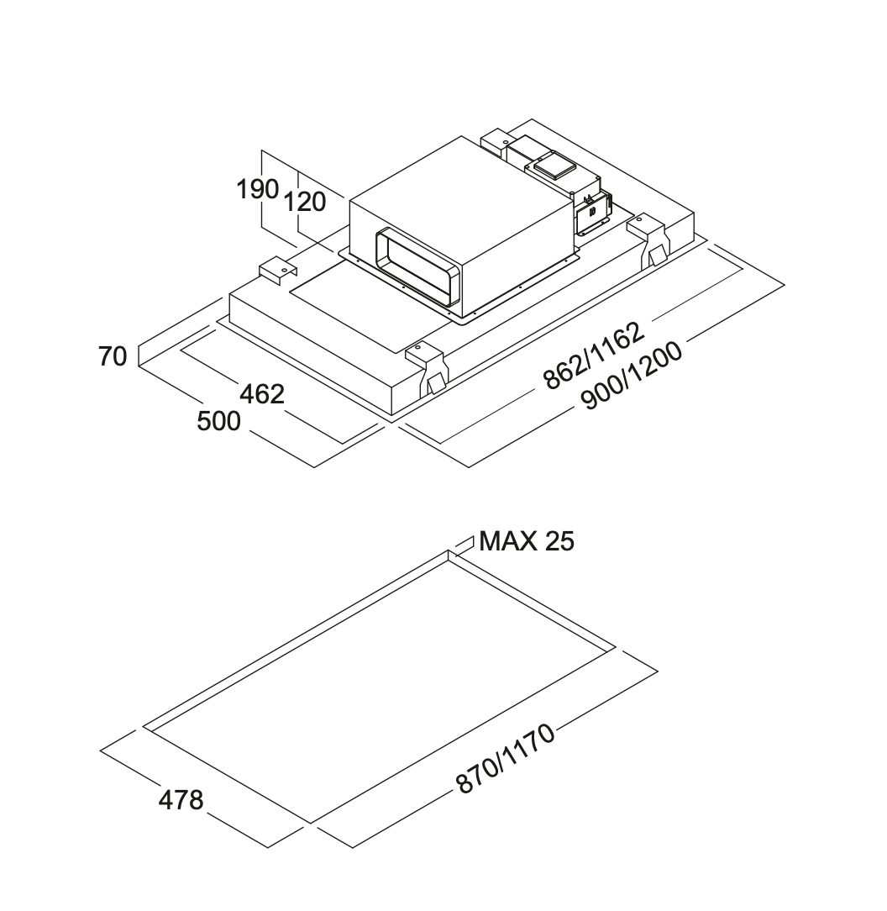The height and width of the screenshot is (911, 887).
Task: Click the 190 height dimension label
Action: pyautogui.click(x=257, y=190)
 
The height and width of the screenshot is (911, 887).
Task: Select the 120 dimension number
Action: pyautogui.click(x=304, y=203)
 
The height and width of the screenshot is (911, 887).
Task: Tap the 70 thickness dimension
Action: pyautogui.click(x=113, y=356)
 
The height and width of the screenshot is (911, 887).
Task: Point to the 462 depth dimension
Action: pyautogui.click(x=262, y=393)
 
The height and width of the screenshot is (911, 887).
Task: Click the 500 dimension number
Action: pyautogui.click(x=218, y=421)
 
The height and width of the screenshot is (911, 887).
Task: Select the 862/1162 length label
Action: pyautogui.click(x=593, y=355)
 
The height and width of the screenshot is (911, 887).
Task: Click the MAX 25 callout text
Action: pyautogui.click(x=527, y=541)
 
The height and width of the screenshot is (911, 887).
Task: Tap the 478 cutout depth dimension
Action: pyautogui.click(x=181, y=799)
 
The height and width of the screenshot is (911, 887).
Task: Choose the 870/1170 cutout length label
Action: pyautogui.click(x=506, y=759)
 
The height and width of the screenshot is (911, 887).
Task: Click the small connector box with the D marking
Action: pyautogui.click(x=593, y=211)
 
